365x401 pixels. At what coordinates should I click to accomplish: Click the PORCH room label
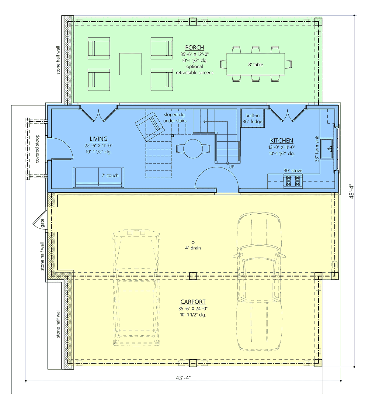tap(194, 47)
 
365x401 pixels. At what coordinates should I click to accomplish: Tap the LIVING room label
tap(99, 139)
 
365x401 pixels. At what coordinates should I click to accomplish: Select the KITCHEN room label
tap(282, 140)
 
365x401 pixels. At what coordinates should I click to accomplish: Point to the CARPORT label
tap(193, 302)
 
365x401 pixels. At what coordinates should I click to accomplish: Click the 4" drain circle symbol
tap(193, 243)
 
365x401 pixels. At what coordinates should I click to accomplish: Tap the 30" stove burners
tap(293, 181)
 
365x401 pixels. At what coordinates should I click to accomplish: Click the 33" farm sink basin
tap(327, 149)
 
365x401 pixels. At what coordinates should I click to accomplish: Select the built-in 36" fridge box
tap(252, 118)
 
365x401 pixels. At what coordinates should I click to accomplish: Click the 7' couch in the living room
tap(99, 178)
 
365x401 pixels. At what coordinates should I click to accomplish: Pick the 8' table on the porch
tap(255, 64)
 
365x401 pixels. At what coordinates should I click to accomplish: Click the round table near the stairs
tap(193, 149)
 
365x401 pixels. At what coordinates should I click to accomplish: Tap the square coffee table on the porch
tap(130, 64)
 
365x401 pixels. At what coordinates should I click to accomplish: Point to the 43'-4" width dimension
tap(183, 378)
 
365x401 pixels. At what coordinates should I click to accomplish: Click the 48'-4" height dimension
tap(351, 191)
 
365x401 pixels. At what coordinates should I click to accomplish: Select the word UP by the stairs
tap(231, 167)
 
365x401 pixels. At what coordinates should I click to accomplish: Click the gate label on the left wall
tap(42, 223)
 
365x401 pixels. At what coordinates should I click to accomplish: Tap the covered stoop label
tap(37, 149)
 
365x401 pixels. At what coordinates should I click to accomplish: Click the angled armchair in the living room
tap(150, 126)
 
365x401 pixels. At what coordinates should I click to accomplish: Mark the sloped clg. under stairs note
tap(175, 118)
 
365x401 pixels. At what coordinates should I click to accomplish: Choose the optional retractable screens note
tap(194, 70)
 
